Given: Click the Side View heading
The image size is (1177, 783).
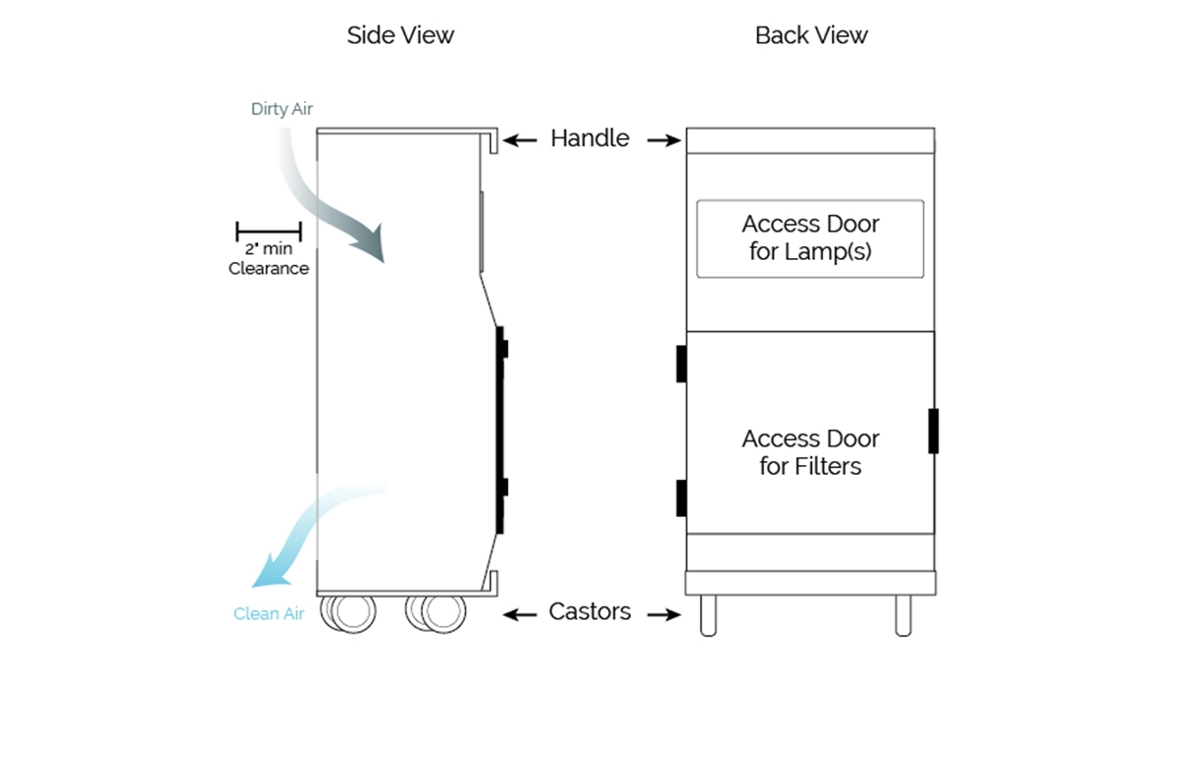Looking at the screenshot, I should coord(400,36).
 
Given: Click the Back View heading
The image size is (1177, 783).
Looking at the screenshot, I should coord(811,36).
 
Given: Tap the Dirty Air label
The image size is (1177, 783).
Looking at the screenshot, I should coord(281,109).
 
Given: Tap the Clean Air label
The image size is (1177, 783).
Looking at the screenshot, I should coord(269,614).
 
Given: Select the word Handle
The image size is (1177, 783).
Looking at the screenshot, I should coord(589,138).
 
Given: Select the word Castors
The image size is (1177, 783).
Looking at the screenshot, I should coord(589,612).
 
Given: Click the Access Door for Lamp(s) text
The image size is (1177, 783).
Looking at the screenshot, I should coord(810,237).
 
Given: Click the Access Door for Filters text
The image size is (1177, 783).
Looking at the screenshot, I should coord(810,452).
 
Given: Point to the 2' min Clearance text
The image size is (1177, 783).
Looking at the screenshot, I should coord(269,259).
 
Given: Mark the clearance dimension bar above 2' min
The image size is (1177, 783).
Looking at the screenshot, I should coord(269,233).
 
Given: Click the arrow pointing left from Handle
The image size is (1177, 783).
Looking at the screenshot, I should coord(521,140).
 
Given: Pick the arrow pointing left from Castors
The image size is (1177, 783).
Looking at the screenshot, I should coord(520,614).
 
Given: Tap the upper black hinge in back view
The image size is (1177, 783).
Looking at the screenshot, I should coord(681,364).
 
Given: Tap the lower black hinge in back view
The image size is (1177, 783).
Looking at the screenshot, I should coord(681,498).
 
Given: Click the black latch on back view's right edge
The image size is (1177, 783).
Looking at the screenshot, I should coord(934,431).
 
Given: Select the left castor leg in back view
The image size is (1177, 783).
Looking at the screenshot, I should coord(707,615).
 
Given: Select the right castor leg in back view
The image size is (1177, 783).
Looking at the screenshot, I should coord(903,615).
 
